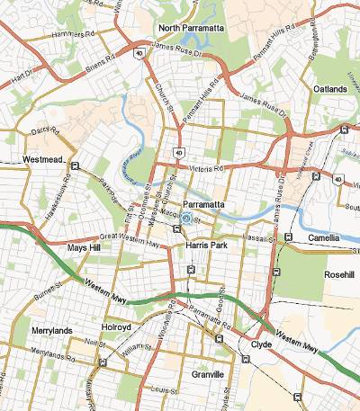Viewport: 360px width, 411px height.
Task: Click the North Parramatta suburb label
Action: [191, 28]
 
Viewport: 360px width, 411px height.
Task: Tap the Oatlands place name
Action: [329, 90]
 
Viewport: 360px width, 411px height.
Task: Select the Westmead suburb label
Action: [40, 160]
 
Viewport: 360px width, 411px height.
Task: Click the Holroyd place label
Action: [117, 327]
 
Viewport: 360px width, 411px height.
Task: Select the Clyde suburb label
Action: [261, 344]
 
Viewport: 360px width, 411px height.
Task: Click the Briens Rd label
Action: [101, 65]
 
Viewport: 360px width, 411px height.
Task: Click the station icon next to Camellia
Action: [287, 237]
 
